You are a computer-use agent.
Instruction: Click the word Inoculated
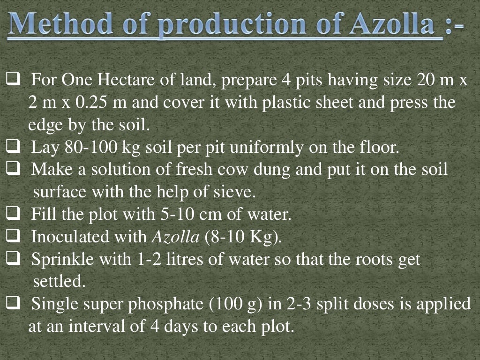pos(89,237)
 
